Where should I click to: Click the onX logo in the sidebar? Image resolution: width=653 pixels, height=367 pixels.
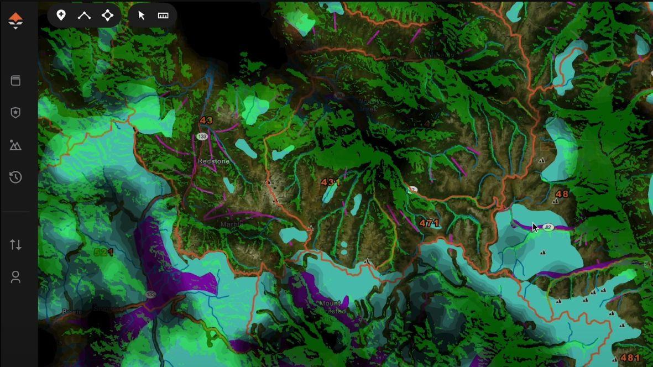tap(15, 21)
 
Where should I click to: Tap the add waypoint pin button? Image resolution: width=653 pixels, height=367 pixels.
tap(61, 15)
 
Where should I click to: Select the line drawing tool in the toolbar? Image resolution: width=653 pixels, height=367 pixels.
tap(84, 15)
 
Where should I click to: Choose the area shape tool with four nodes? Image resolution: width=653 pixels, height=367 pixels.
tap(108, 15)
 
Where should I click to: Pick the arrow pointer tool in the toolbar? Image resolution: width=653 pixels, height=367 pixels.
tap(142, 15)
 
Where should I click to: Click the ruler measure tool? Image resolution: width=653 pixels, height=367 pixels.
tap(163, 15)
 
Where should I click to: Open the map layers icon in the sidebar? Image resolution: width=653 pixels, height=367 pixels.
tap(15, 81)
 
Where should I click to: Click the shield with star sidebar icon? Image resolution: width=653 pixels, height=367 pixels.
tap(15, 113)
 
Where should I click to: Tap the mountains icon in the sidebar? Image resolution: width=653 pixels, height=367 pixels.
tap(15, 145)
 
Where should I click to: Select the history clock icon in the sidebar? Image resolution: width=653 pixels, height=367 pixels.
tap(15, 177)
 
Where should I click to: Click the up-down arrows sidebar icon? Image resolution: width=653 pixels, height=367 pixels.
tap(15, 244)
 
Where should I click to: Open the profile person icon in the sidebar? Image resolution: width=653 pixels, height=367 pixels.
tap(15, 277)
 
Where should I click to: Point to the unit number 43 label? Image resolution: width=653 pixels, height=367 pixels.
tap(206, 120)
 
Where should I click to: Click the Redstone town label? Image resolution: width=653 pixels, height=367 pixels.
tap(213, 161)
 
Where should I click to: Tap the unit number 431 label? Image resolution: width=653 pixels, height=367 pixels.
tap(331, 182)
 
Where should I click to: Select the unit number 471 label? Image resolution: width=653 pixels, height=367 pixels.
tap(429, 223)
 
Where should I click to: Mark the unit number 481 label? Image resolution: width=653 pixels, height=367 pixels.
tap(630, 358)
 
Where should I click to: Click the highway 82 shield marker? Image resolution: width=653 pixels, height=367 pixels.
tap(548, 227)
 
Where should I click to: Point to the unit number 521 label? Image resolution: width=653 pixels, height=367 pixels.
tap(103, 253)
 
